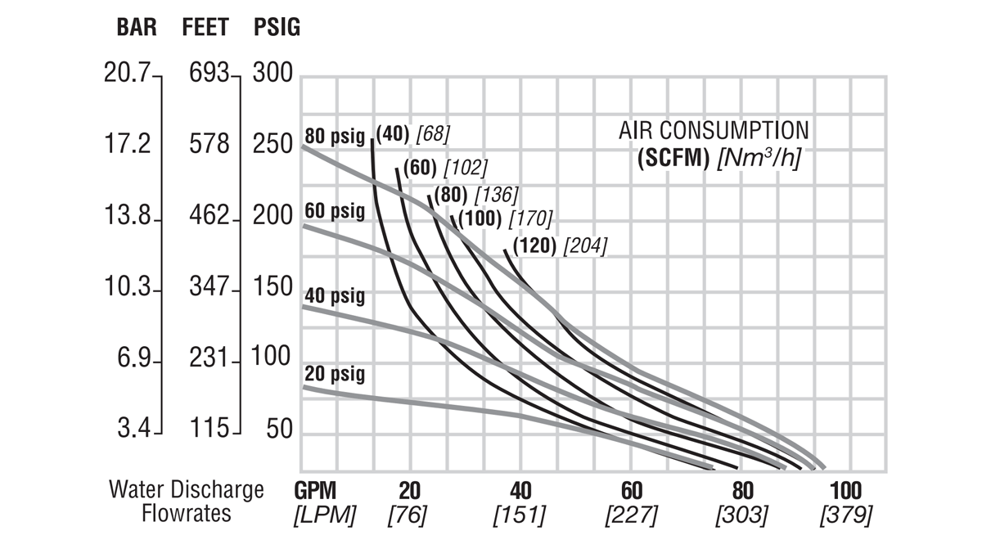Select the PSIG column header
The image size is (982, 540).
tap(277, 28)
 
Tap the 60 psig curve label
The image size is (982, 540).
tap(335, 211)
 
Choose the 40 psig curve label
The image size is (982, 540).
tap(335, 295)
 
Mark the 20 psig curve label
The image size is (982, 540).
tap(335, 374)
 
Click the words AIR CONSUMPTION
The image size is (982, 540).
tap(714, 131)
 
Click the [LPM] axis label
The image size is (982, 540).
tap(325, 515)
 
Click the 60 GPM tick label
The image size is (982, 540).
tap(630, 490)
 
